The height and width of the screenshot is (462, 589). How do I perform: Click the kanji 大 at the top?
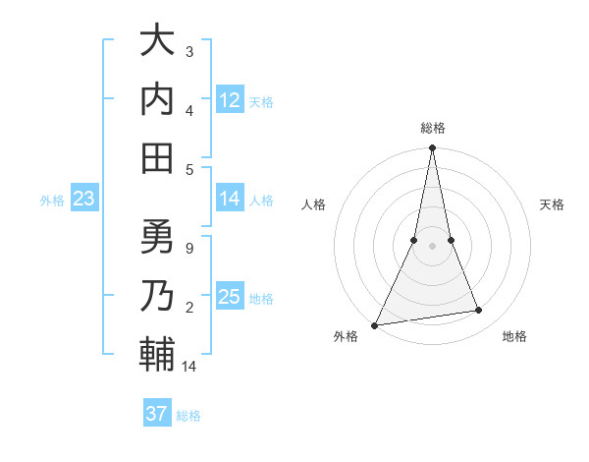[157, 41]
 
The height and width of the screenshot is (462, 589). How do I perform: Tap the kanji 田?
[157, 156]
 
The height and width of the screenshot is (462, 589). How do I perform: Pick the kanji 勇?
[157, 237]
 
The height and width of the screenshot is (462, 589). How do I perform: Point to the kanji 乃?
[157, 295]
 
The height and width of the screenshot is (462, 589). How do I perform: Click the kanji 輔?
[157, 353]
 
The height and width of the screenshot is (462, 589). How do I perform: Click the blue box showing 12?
[230, 100]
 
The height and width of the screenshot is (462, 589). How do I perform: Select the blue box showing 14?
[230, 200]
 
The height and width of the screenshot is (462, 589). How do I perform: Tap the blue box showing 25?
[230, 298]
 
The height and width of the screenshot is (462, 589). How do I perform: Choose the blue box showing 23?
[84, 200]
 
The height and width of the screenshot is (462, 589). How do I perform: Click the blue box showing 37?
[157, 414]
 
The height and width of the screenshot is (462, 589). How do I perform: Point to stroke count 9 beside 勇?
[189, 248]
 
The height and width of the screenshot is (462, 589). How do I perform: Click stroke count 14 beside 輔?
[190, 367]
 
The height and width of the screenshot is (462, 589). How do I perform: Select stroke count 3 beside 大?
[189, 51]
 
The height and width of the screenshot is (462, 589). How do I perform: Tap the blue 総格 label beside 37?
[189, 416]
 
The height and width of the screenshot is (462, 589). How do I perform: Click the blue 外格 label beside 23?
[52, 201]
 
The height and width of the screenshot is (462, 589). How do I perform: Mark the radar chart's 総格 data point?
[432, 148]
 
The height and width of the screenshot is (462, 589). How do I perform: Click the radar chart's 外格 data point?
[375, 324]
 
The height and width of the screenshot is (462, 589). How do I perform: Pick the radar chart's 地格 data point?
[479, 311]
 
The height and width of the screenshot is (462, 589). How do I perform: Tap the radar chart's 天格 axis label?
[552, 204]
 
